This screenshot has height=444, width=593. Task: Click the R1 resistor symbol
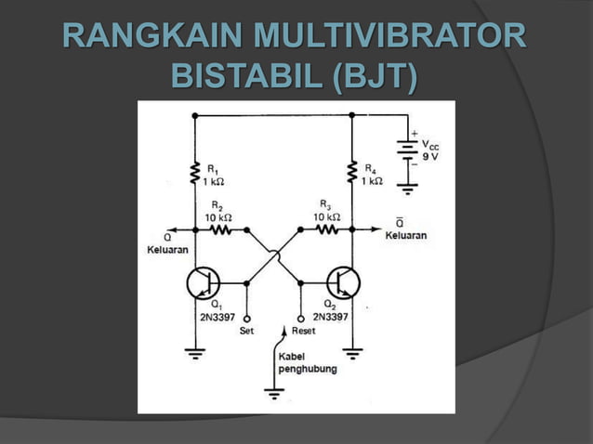(195, 173)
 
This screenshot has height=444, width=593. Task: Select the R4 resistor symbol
(352, 173)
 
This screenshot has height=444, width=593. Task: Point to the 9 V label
(431, 157)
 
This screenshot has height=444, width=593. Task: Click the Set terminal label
(247, 330)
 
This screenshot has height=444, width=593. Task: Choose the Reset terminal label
(303, 330)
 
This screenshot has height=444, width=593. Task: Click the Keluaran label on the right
(406, 236)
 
